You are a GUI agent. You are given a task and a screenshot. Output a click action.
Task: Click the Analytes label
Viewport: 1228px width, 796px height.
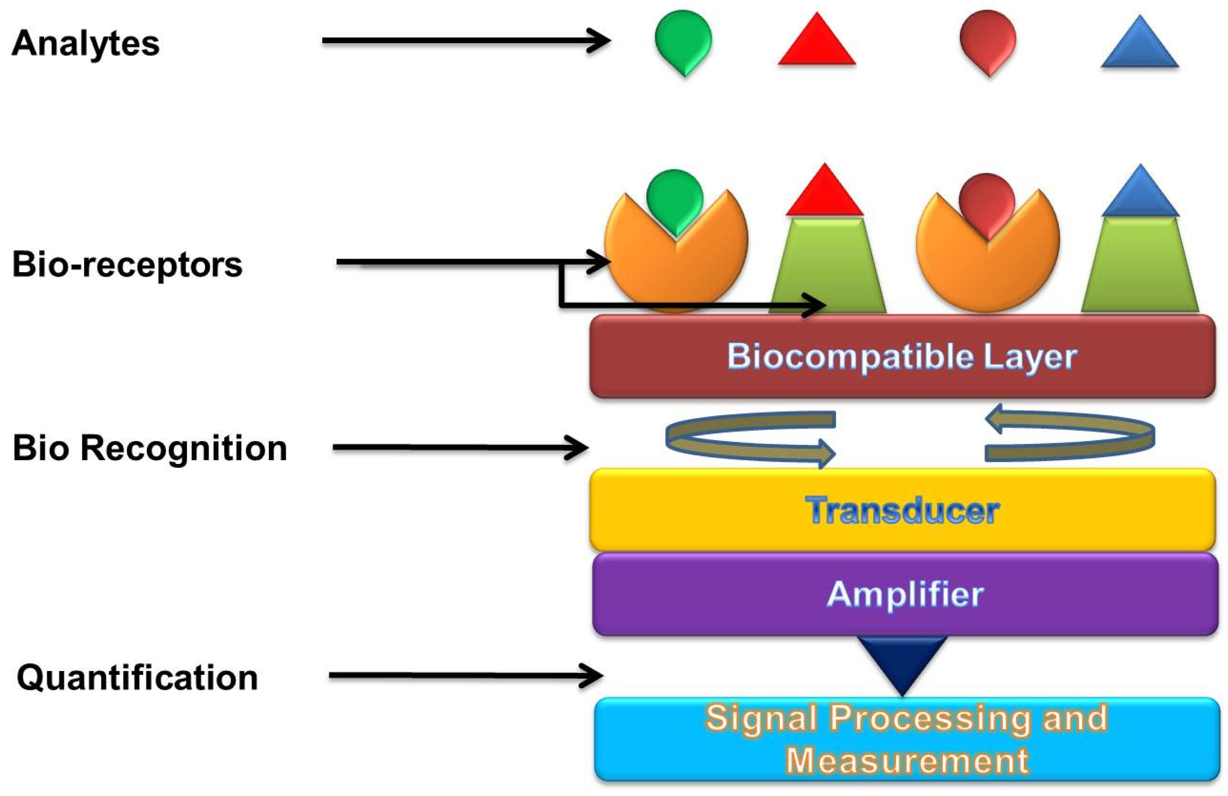pos(86,44)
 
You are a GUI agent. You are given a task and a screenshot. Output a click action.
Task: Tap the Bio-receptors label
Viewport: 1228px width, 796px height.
pos(127,264)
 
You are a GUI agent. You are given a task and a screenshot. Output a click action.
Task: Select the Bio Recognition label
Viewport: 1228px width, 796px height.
pos(150,448)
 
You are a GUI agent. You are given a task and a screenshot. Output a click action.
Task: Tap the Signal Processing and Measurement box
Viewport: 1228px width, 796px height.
pos(906,739)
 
